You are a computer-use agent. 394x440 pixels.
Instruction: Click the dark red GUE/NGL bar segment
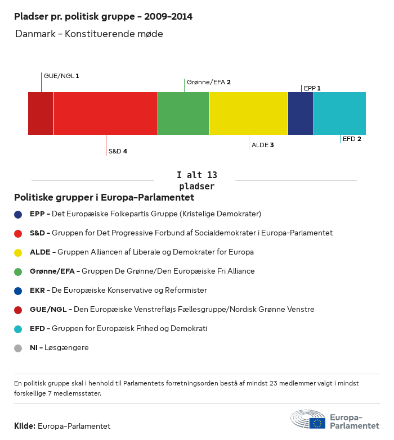[41, 114]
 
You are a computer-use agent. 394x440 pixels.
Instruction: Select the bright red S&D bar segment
[106, 114]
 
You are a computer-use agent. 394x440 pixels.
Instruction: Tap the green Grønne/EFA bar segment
[183, 114]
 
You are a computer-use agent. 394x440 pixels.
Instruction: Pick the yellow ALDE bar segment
[249, 114]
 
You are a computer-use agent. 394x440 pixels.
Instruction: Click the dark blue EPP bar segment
[301, 114]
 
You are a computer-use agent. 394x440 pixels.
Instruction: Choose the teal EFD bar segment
[340, 114]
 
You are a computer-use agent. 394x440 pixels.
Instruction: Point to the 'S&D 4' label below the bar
[118, 151]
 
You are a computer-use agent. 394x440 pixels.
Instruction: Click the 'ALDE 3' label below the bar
[262, 145]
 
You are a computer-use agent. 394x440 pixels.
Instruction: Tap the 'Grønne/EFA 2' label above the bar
[208, 82]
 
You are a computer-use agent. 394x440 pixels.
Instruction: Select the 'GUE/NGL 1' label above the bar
[61, 75]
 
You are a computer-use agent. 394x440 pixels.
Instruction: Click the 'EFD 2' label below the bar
[352, 139]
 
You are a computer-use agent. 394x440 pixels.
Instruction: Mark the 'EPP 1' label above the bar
[312, 88]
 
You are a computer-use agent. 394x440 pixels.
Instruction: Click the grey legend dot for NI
[18, 348]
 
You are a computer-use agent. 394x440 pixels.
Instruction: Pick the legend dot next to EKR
[18, 291]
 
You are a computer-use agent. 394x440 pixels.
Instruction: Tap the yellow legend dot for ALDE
[18, 252]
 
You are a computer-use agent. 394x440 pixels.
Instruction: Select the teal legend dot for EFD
[18, 329]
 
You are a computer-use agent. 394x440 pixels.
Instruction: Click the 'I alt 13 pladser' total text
[196, 180]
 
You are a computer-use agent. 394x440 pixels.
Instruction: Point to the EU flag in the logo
[317, 423]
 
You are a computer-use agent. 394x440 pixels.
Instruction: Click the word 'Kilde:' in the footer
[25, 426]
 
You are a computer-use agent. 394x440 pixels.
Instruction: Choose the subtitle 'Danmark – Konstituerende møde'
[89, 34]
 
